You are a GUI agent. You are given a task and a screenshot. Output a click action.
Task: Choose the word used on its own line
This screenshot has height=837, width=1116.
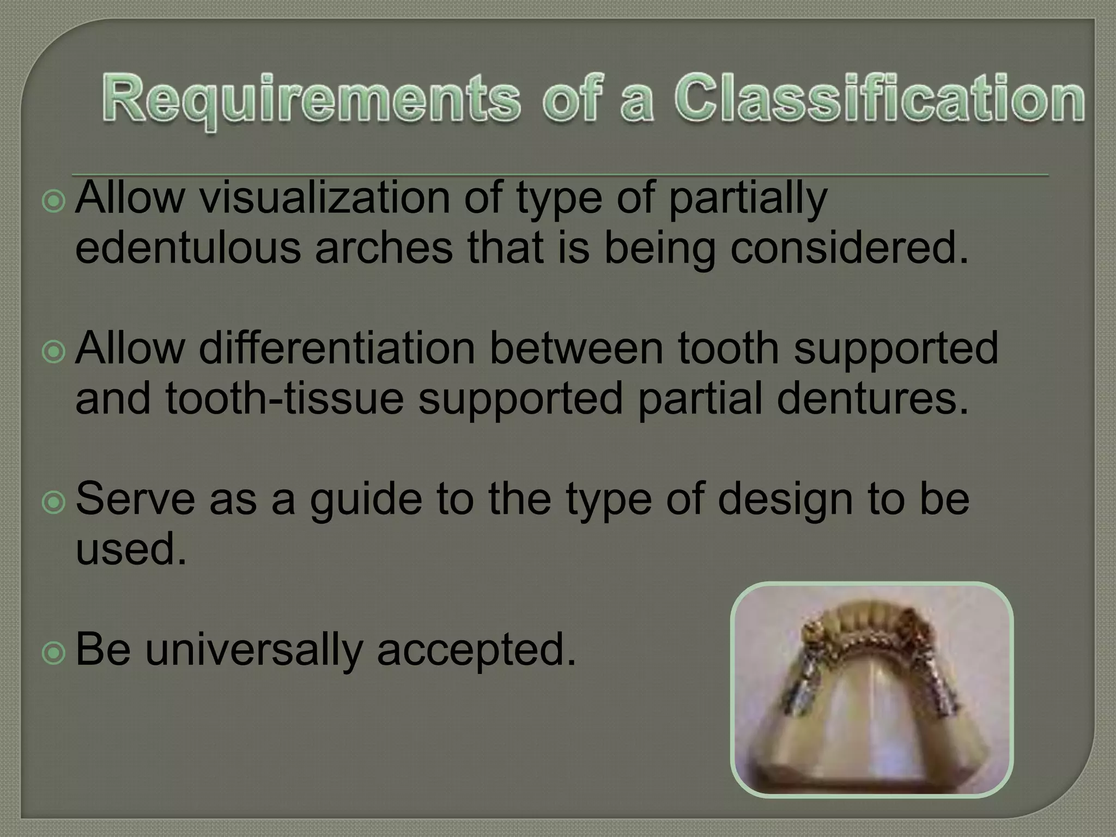[131, 549]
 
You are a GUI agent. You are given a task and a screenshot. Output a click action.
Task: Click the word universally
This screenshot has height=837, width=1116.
[254, 650]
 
